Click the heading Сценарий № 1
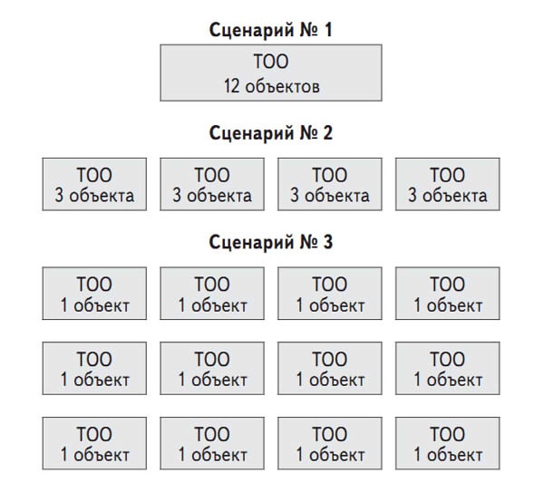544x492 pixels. click(270, 30)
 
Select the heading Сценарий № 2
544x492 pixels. click(270, 133)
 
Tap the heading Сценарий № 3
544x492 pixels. click(270, 242)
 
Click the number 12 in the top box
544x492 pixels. click(231, 86)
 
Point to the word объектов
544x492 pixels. click(282, 87)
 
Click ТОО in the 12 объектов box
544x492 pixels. click(271, 62)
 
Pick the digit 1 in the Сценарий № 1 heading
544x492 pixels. click(328, 30)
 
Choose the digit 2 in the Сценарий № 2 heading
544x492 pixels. click(328, 133)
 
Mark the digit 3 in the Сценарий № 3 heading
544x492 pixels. click(328, 242)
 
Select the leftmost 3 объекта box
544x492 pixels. click(94, 184)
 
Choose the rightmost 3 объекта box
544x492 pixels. click(448, 184)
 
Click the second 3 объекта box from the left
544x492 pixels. click(212, 184)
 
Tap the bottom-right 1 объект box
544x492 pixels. click(448, 443)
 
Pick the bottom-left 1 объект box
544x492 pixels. click(94, 443)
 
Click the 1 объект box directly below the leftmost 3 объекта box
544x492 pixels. click(94, 294)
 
